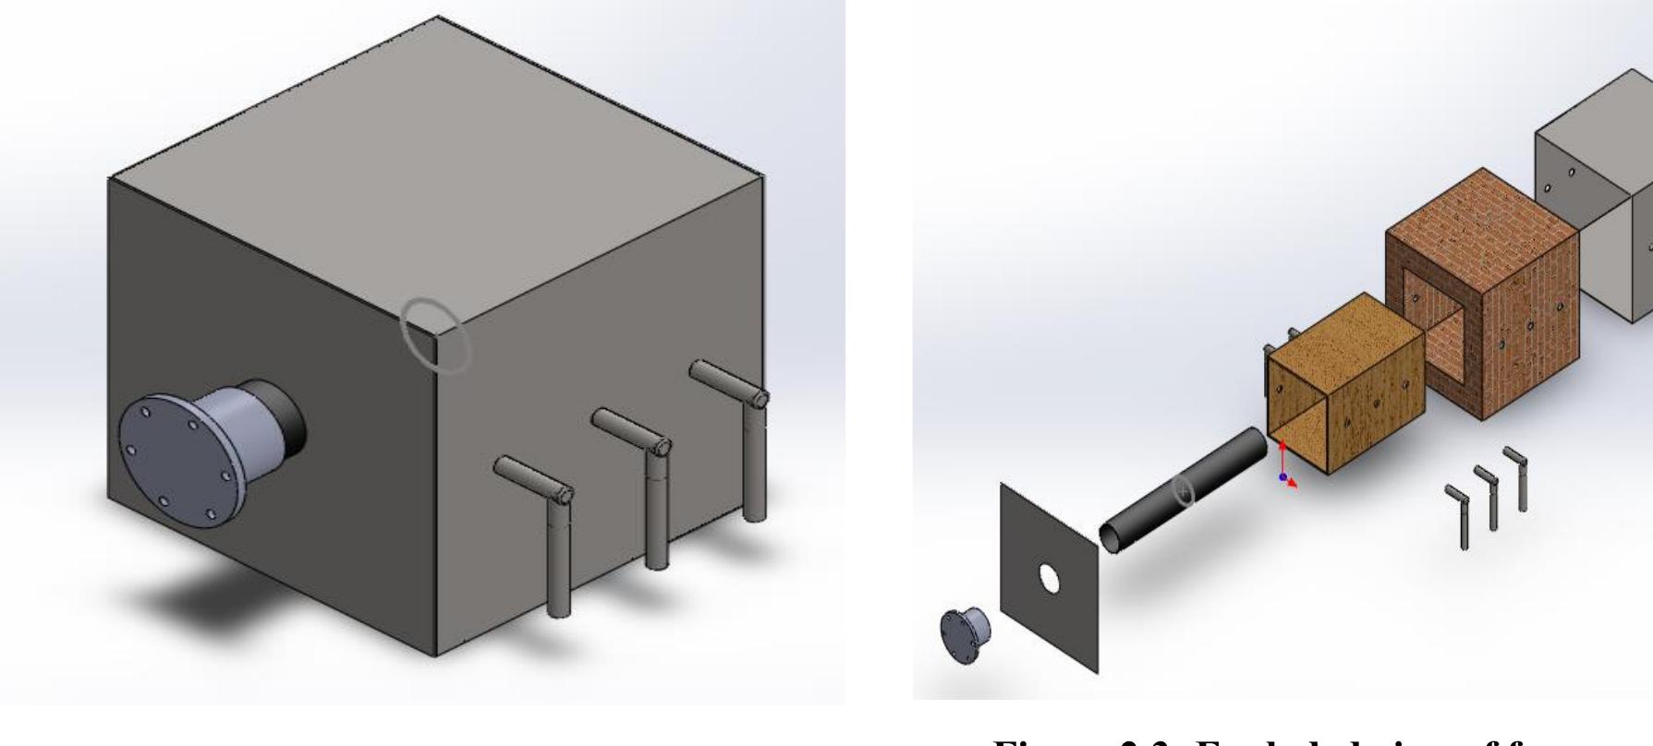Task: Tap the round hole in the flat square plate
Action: click(1049, 579)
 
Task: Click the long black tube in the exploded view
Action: click(1183, 489)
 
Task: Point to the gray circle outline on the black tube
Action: click(1184, 492)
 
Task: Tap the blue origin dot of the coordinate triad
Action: click(1282, 476)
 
